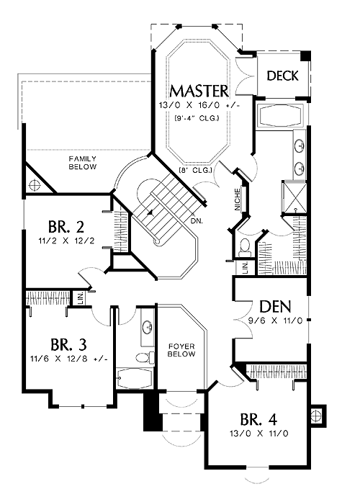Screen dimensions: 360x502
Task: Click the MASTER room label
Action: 199,91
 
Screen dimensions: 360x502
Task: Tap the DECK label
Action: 282,76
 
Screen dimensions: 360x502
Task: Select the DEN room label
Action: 275,306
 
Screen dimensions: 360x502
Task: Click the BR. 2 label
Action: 66,227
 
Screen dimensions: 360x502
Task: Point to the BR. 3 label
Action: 68,345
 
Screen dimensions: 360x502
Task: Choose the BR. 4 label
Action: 258,419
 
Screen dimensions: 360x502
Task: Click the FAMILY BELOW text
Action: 83,163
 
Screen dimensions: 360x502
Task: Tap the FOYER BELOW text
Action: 181,350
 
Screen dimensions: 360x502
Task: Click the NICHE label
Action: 237,200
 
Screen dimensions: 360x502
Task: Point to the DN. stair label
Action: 197,220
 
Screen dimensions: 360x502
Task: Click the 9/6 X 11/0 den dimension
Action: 275,321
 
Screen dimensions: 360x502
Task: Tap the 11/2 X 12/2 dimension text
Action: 66,241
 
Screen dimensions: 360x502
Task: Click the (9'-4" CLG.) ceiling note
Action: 197,118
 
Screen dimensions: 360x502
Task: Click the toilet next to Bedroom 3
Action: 145,357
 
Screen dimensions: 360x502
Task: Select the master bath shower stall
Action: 294,197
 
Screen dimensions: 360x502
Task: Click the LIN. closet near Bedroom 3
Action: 80,298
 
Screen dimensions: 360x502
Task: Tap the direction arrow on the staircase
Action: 150,212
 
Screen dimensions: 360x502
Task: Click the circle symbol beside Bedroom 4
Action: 317,416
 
